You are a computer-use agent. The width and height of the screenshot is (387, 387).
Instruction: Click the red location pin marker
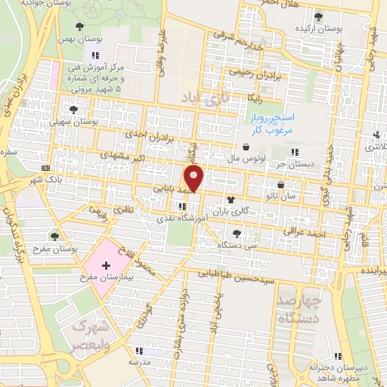[x=196, y=179]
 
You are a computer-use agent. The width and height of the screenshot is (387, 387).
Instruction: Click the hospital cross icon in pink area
[x=107, y=265]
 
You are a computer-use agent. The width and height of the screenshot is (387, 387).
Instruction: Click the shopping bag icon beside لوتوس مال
[x=247, y=147]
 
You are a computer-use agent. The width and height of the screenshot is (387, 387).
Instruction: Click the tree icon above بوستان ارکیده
[x=320, y=15]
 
